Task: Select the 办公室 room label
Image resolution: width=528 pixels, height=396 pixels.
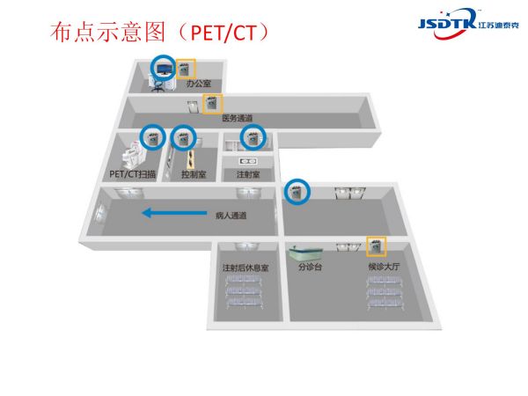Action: tap(197, 84)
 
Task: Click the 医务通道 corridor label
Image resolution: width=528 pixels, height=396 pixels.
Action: tap(237, 117)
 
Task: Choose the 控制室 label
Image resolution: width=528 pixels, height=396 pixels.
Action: tap(194, 174)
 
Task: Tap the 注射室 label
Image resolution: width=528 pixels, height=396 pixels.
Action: tap(248, 174)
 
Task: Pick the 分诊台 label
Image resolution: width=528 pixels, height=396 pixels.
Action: tap(311, 266)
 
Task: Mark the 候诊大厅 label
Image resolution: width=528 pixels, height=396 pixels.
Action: tap(384, 266)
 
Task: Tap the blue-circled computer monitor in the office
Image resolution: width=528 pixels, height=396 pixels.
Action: tap(163, 67)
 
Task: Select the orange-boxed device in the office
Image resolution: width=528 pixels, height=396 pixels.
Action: tap(186, 69)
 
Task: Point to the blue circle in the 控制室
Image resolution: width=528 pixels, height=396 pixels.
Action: tap(183, 137)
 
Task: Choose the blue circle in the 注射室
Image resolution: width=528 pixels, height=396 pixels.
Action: tap(254, 137)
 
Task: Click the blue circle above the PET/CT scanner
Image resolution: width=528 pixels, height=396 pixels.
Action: tap(152, 137)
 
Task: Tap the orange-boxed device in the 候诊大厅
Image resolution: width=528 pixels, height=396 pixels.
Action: tap(378, 246)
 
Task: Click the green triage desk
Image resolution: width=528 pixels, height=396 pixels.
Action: tap(310, 250)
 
